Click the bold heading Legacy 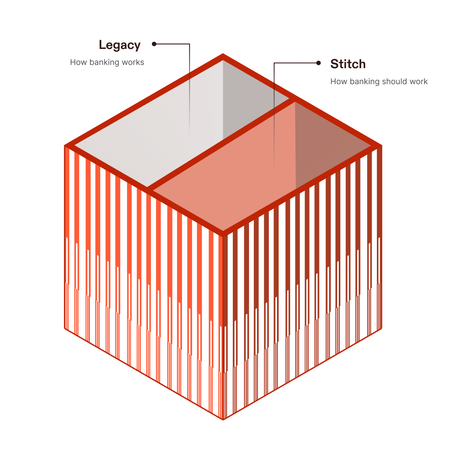120,45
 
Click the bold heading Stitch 348,64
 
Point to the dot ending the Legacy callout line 154,44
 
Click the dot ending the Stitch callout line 318,63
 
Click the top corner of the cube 223,54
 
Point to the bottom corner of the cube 223,420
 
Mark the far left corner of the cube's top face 65,146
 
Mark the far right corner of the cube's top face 381,146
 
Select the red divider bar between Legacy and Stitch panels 221,144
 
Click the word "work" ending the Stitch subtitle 419,81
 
